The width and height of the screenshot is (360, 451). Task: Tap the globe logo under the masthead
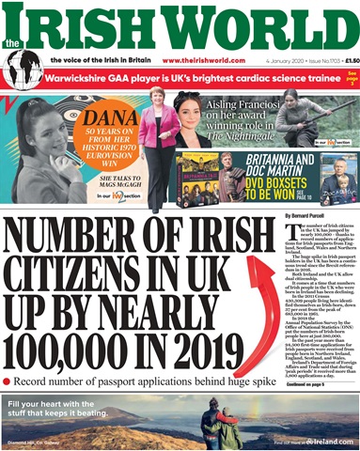pyautogui.click(x=21, y=69)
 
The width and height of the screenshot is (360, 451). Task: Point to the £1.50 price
pyautogui.click(x=341, y=60)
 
